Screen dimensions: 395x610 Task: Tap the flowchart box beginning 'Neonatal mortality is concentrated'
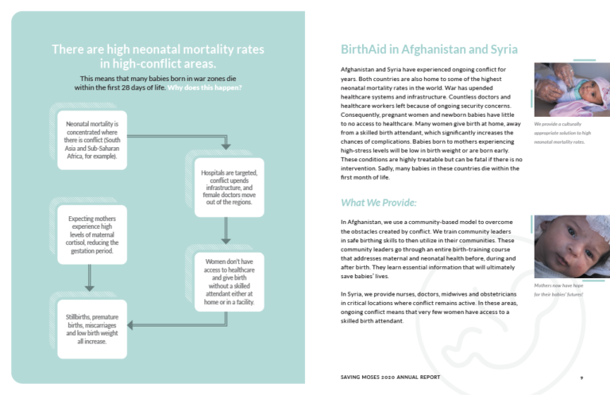92,140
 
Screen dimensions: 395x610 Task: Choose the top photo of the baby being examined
566,90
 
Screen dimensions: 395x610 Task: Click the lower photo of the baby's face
566,246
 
